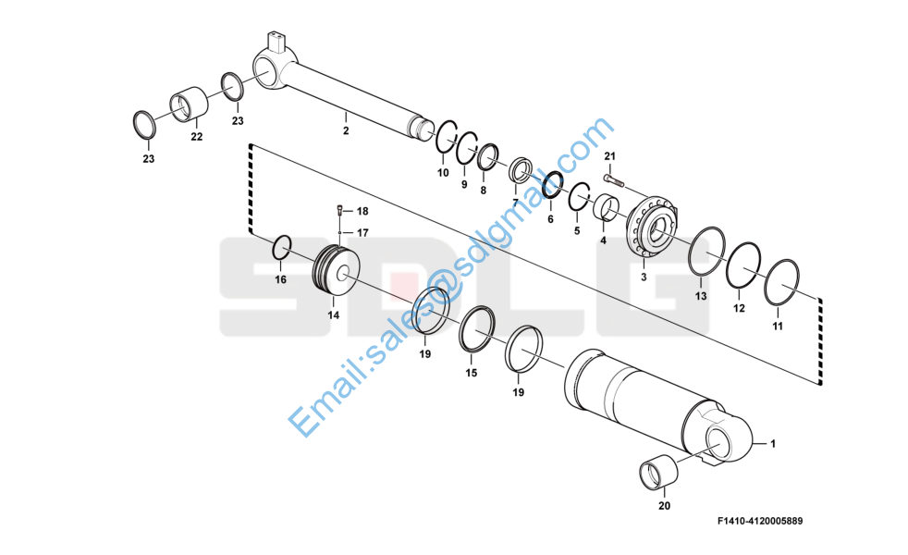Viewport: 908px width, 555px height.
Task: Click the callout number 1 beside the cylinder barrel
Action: click(773, 444)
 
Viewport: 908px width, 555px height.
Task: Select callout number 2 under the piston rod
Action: click(346, 130)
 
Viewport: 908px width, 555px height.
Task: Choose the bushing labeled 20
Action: click(658, 474)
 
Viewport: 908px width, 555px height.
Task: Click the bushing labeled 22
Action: click(188, 105)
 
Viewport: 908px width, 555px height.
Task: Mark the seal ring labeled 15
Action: click(480, 329)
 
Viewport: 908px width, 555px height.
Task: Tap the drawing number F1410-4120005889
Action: click(759, 522)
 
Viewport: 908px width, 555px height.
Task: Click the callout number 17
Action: click(362, 232)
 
